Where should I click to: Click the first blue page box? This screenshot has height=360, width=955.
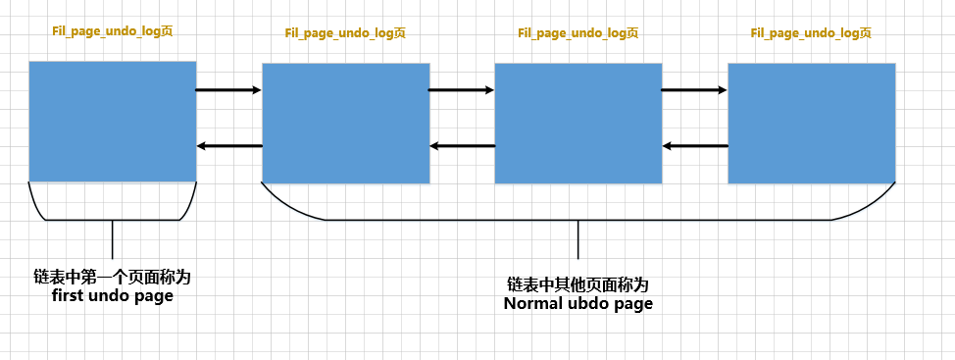point(112,121)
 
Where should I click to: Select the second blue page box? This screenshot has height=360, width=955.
point(345,123)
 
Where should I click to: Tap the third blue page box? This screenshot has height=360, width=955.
point(578,123)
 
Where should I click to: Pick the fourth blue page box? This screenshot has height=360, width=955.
point(811,123)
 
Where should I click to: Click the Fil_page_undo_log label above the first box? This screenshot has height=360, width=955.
point(113,30)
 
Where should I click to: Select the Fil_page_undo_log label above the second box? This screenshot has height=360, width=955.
point(345,32)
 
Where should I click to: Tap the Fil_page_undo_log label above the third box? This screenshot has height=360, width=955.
point(578,32)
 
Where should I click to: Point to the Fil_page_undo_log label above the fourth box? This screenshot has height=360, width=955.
point(811,32)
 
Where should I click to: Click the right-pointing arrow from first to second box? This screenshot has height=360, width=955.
point(228,90)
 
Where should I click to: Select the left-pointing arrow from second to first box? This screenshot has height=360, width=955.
point(228,146)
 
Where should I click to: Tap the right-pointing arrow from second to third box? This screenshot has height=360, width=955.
point(462,90)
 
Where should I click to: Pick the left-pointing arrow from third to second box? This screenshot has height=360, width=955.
point(462,146)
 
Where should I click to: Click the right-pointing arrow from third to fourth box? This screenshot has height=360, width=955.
point(694,90)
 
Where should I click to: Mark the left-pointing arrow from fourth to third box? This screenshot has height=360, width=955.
point(694,146)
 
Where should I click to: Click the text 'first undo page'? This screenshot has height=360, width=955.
point(112,295)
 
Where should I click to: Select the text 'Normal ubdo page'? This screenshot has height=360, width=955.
point(578,303)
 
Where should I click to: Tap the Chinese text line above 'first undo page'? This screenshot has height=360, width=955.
point(112,278)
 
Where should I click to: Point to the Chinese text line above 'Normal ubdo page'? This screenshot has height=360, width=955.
point(578,284)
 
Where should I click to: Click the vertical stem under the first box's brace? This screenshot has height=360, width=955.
point(113,239)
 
